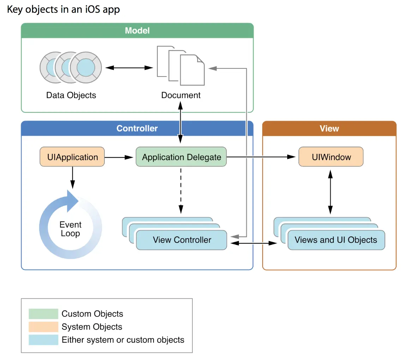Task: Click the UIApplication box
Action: point(72,157)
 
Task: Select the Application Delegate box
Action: point(181,157)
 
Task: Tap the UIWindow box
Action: point(331,157)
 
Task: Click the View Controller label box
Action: point(181,240)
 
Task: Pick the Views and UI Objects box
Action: point(336,240)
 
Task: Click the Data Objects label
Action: point(71,95)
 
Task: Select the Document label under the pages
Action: point(181,95)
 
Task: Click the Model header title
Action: point(137,31)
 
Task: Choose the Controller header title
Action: point(137,128)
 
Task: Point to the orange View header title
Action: point(329,128)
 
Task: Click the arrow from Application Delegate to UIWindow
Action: point(261,157)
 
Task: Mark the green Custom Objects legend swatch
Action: point(43,314)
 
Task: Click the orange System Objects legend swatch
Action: point(43,327)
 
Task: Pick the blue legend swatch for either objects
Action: point(43,340)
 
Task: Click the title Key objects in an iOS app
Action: point(64,10)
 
